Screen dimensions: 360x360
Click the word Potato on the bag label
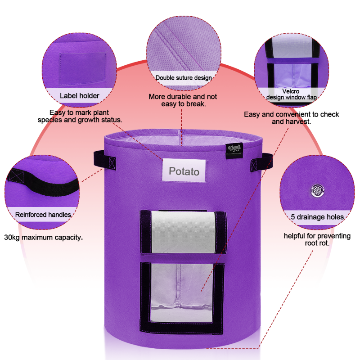click(184, 171)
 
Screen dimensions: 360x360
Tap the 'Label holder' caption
click(80, 95)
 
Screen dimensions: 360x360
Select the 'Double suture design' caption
click(184, 78)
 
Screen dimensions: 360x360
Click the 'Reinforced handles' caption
click(43, 215)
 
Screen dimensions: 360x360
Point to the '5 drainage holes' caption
click(317, 217)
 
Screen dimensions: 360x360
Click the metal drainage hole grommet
click(318, 191)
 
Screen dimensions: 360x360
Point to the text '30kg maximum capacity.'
click(43, 237)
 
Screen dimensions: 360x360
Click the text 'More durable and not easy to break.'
click(183, 100)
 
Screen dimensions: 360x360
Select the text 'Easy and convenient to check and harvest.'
click(292, 118)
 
